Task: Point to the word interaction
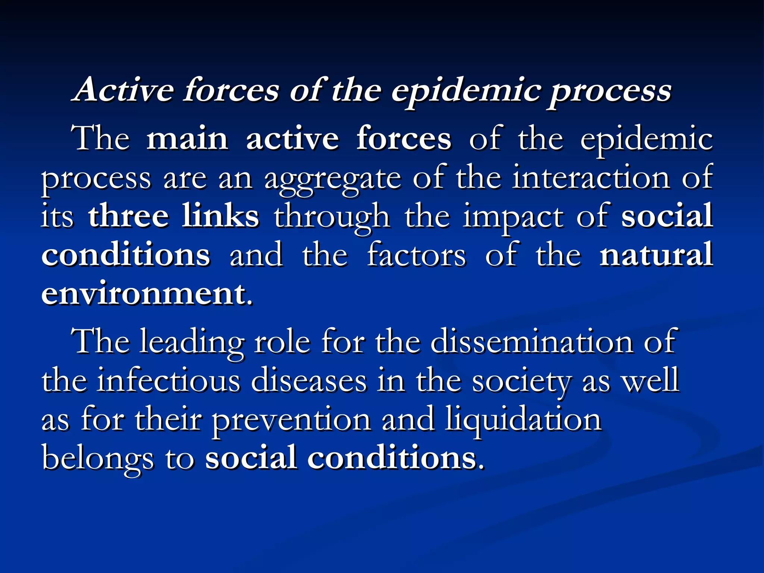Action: point(591,178)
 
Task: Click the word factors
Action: point(416,255)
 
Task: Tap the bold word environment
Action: point(143,294)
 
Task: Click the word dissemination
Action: point(532,342)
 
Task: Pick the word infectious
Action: point(168,381)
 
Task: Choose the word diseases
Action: point(309,381)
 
